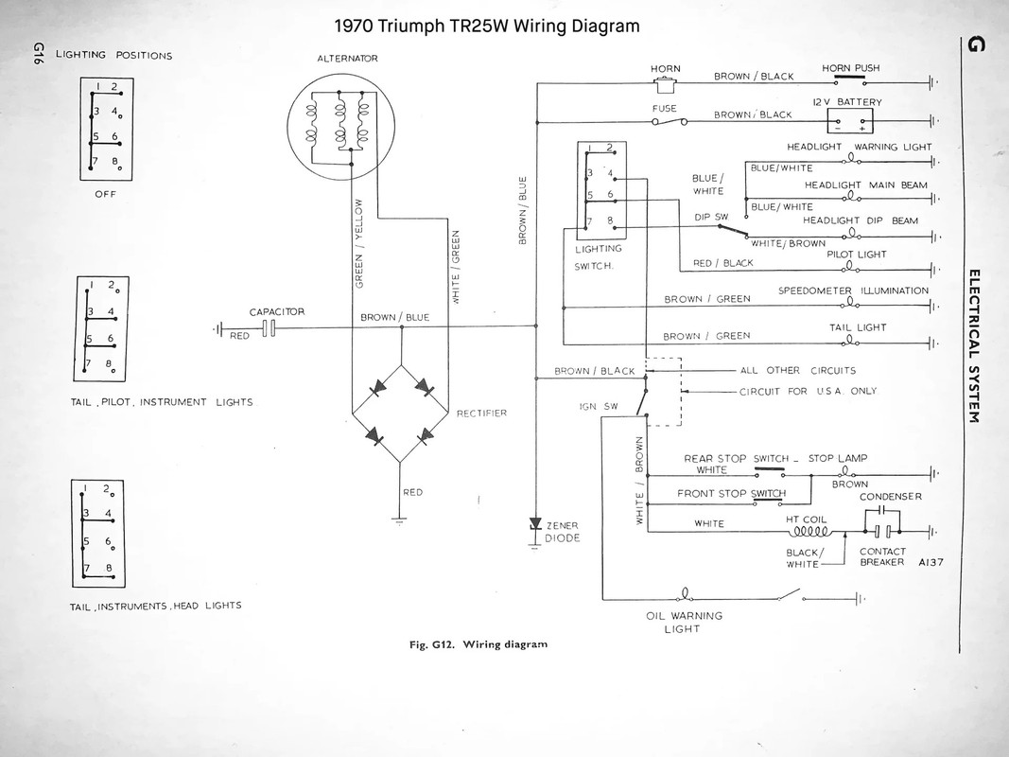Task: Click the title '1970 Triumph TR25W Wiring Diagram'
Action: click(x=487, y=26)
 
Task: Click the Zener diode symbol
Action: click(x=535, y=524)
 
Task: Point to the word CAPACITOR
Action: click(x=276, y=311)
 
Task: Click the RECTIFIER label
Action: click(x=482, y=413)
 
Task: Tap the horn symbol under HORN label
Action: click(x=666, y=85)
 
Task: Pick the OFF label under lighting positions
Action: click(x=105, y=196)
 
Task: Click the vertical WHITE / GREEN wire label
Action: click(x=456, y=267)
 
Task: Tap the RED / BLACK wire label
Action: click(x=723, y=263)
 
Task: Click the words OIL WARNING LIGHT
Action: click(x=684, y=622)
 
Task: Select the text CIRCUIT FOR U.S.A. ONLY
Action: click(x=808, y=391)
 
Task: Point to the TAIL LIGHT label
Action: click(x=858, y=326)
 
